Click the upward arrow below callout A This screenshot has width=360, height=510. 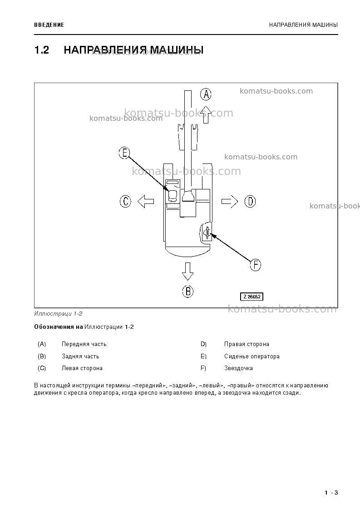click(206, 114)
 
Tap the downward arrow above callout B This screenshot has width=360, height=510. click(187, 271)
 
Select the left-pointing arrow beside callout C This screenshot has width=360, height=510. click(146, 201)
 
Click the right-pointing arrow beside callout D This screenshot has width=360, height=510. click(230, 201)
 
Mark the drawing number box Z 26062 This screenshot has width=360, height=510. click(252, 297)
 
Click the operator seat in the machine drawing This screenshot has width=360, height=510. click(173, 195)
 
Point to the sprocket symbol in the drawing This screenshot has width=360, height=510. click(206, 233)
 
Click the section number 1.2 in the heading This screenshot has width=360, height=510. click(42, 50)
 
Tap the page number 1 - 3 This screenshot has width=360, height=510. click(331, 492)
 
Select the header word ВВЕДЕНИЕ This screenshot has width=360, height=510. click(49, 25)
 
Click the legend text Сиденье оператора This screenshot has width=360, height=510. click(252, 357)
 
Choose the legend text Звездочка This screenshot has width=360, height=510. click(238, 368)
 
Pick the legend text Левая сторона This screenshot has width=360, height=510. click(82, 368)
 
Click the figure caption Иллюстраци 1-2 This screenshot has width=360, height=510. click(58, 314)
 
